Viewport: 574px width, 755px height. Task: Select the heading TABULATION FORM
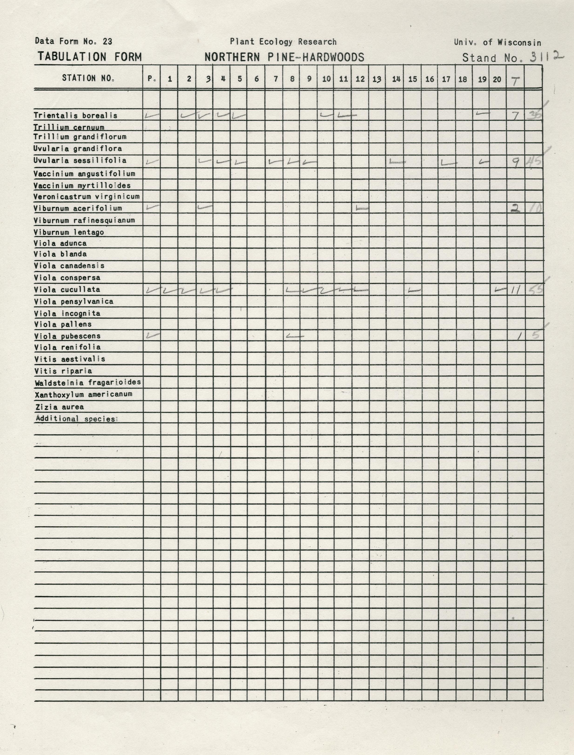90,57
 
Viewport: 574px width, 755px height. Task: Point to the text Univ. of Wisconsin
497,42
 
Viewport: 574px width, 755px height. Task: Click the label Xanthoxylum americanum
83,394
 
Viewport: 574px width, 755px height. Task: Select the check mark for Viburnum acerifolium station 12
362,208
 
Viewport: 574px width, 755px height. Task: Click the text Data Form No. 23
74,41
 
